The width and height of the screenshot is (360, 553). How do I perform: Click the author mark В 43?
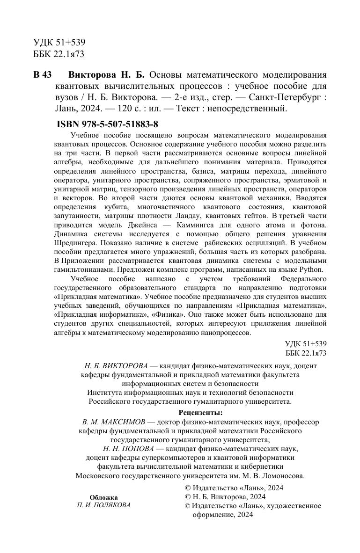(x=42, y=75)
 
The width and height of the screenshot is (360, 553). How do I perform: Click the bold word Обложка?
(x=103, y=497)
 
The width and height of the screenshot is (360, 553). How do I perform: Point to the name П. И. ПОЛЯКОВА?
(x=103, y=505)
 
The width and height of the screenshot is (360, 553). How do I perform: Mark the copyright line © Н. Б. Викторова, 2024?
(x=226, y=496)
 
